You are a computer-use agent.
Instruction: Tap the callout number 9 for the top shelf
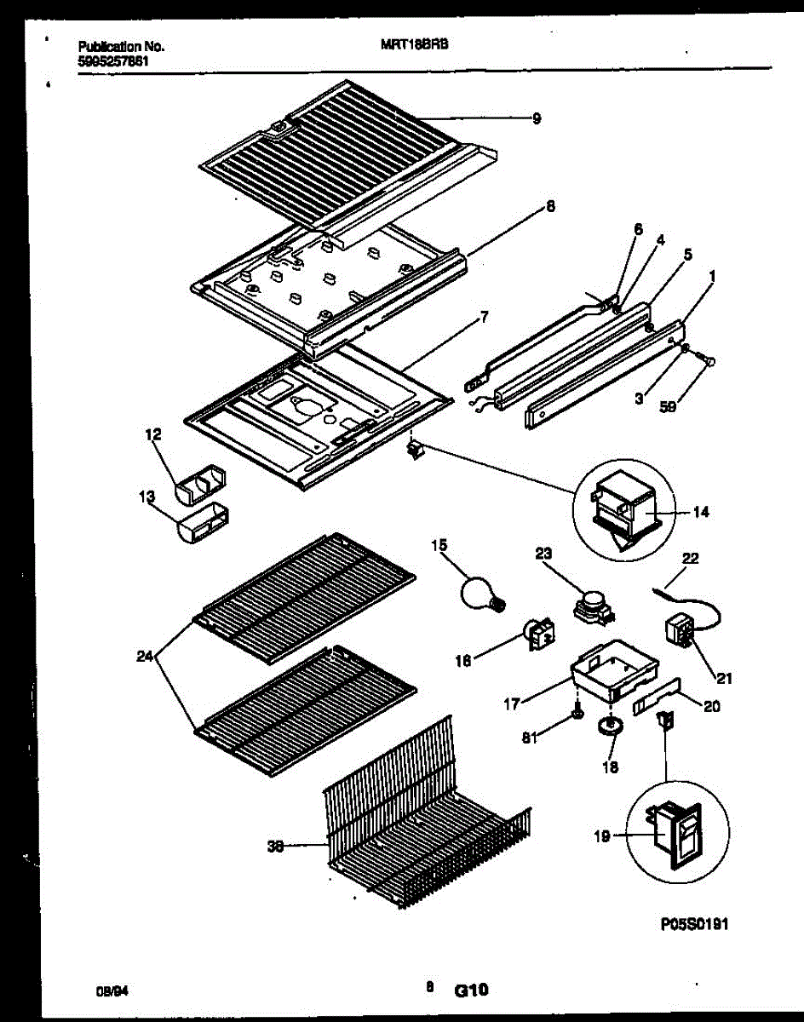pyautogui.click(x=536, y=119)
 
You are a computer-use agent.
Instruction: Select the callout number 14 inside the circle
pyautogui.click(x=701, y=513)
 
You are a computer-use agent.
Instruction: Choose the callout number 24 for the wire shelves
pyautogui.click(x=145, y=657)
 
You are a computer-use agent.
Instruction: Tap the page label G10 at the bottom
pyautogui.click(x=471, y=990)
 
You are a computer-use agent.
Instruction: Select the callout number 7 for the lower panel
pyautogui.click(x=484, y=317)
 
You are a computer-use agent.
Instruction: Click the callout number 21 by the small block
pyautogui.click(x=724, y=679)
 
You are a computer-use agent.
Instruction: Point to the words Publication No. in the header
pyautogui.click(x=120, y=47)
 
